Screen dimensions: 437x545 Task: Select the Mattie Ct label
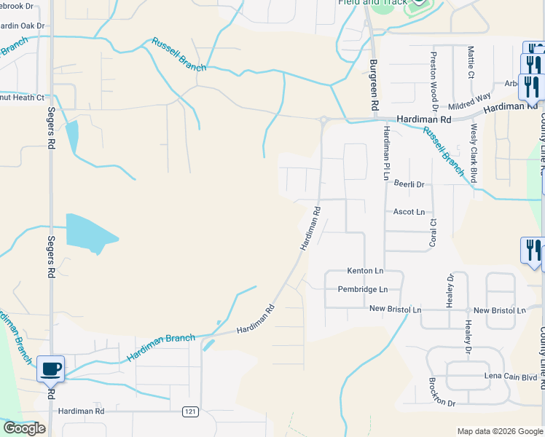click(x=471, y=63)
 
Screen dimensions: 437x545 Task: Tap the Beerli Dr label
click(x=409, y=185)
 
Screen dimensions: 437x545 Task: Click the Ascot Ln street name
click(x=409, y=212)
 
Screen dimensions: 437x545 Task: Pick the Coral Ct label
click(x=433, y=232)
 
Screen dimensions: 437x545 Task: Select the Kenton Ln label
click(x=365, y=271)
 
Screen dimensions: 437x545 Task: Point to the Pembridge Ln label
click(x=362, y=289)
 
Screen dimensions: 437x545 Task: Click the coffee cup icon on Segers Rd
click(x=51, y=369)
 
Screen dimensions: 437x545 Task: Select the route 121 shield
click(x=190, y=412)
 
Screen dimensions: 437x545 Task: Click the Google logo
click(x=24, y=428)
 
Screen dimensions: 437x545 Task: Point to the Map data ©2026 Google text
click(x=499, y=431)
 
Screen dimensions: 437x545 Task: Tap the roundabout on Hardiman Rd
click(x=323, y=119)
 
